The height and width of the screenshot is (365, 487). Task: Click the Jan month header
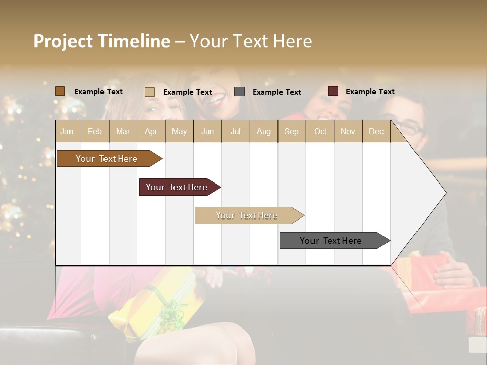(67, 131)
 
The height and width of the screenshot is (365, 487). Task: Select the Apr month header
(151, 131)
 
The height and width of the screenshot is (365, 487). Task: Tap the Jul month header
(235, 131)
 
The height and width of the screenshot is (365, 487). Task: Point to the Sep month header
(291, 131)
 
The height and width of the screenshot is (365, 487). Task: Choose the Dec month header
(376, 131)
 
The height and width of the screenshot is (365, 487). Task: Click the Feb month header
(95, 131)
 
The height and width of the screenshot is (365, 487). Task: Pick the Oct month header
(320, 131)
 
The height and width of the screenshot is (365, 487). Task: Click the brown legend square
(60, 91)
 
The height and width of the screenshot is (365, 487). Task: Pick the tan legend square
(149, 92)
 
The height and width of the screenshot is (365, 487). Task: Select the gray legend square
(239, 92)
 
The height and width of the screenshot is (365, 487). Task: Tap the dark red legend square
(333, 91)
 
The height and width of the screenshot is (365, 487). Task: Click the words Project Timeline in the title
(101, 41)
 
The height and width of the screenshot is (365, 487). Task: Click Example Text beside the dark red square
(370, 92)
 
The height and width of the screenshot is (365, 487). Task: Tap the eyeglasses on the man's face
(409, 127)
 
